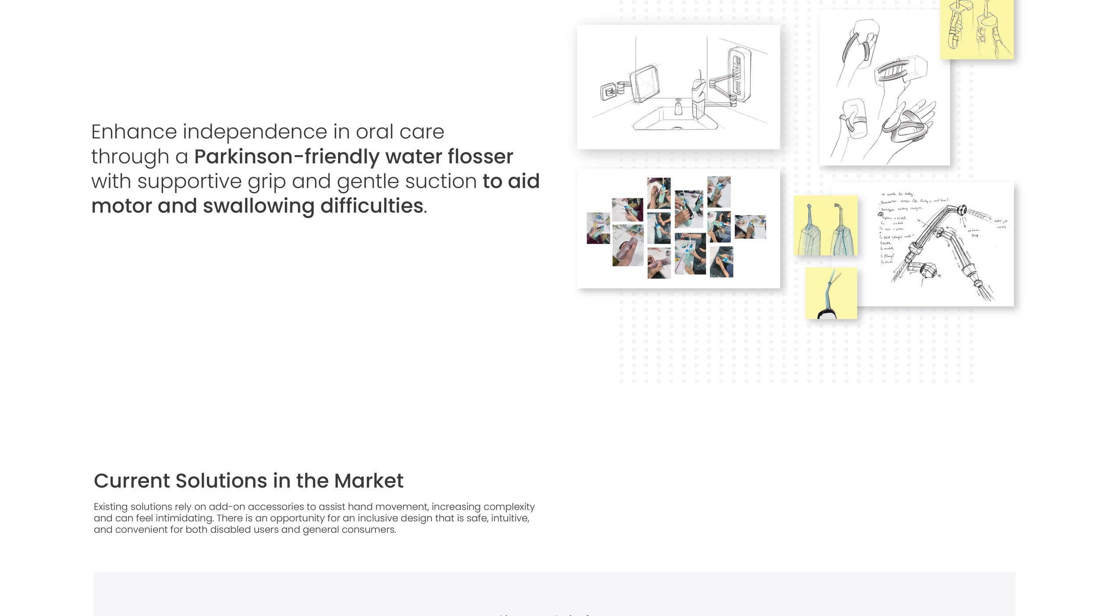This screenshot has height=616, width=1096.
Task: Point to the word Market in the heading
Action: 368,481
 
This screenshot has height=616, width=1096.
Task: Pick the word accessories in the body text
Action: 275,507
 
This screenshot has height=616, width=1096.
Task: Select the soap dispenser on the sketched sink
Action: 678,106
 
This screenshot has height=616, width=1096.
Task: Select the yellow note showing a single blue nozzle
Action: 831,293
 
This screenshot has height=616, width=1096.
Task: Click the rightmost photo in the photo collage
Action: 750,227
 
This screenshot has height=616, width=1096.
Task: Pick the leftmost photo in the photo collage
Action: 598,228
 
